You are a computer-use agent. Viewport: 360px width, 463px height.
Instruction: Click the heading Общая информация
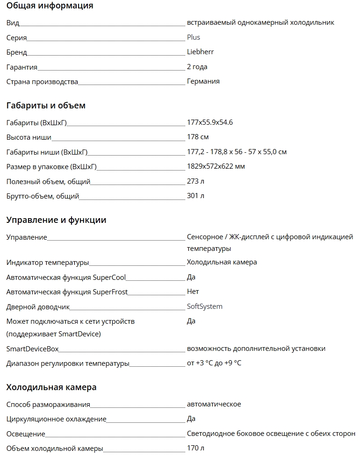click(x=50, y=6)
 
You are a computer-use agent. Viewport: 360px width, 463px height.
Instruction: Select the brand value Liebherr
click(x=200, y=52)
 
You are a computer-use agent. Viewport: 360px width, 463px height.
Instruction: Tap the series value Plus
click(x=193, y=37)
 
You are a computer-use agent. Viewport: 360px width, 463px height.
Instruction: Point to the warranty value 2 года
click(x=197, y=67)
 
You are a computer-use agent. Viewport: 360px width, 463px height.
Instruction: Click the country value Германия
click(x=203, y=81)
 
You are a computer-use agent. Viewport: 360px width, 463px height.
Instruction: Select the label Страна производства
click(x=42, y=82)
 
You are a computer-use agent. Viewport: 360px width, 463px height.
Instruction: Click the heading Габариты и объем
click(x=46, y=106)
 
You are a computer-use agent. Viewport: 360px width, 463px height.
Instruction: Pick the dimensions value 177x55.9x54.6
click(x=209, y=122)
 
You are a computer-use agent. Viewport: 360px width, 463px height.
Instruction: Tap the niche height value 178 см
click(x=197, y=137)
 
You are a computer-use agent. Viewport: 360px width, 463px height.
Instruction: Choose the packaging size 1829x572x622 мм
click(x=216, y=166)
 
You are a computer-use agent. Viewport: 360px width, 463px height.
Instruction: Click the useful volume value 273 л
click(x=195, y=181)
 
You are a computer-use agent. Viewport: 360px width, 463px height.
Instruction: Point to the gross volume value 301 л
click(x=195, y=196)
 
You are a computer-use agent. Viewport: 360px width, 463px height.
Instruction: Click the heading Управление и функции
click(x=56, y=220)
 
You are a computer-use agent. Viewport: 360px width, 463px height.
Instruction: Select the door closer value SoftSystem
click(x=204, y=306)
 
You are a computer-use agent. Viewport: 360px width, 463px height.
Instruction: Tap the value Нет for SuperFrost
click(x=193, y=292)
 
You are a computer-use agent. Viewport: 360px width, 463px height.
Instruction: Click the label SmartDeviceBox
click(x=32, y=349)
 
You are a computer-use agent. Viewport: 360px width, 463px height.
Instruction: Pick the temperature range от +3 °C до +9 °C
click(x=214, y=363)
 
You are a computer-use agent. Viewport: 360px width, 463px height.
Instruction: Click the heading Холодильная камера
click(x=51, y=387)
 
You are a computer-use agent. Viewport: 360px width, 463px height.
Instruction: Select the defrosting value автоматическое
click(x=214, y=404)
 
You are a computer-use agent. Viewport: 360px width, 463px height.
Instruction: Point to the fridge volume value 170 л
click(x=195, y=449)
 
